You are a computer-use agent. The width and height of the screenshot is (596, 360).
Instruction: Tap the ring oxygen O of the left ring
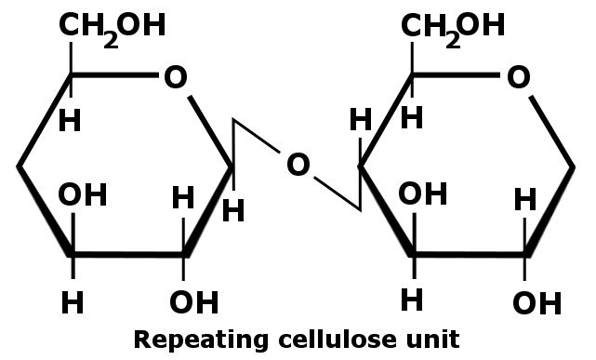click(x=174, y=77)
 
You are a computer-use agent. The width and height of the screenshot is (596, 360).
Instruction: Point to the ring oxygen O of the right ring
click(x=518, y=77)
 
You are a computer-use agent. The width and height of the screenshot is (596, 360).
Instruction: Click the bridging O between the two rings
click(x=297, y=166)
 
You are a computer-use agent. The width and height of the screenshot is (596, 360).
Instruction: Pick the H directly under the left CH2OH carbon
click(x=70, y=120)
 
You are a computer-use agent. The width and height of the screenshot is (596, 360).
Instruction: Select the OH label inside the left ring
click(x=83, y=195)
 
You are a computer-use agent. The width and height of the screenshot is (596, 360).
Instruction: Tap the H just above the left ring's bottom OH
click(x=183, y=198)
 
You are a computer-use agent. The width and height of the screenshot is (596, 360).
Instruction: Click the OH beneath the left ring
click(x=194, y=301)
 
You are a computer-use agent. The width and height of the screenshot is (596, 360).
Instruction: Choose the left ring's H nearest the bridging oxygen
click(x=233, y=211)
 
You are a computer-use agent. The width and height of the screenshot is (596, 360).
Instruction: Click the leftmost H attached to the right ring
click(x=361, y=120)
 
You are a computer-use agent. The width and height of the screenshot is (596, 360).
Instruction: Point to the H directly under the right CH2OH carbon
click(x=412, y=118)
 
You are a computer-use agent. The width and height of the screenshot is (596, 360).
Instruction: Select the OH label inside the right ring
click(x=423, y=195)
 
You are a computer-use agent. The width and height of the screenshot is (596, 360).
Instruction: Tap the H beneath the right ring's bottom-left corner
click(x=412, y=300)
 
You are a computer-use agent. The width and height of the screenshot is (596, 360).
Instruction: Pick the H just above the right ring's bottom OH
click(x=526, y=199)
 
